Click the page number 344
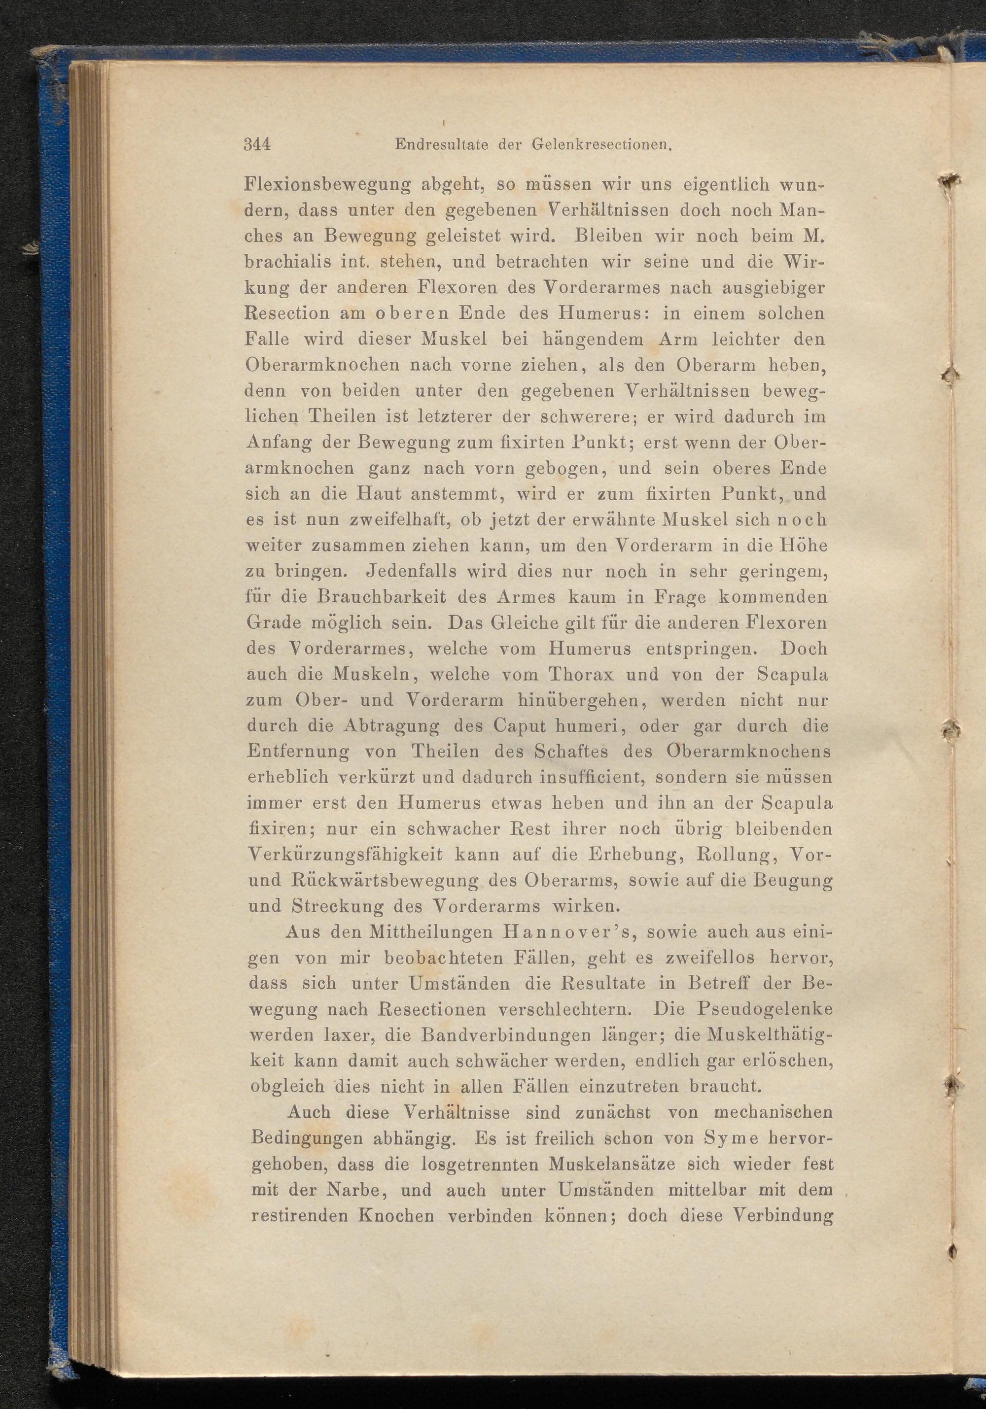[257, 145]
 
